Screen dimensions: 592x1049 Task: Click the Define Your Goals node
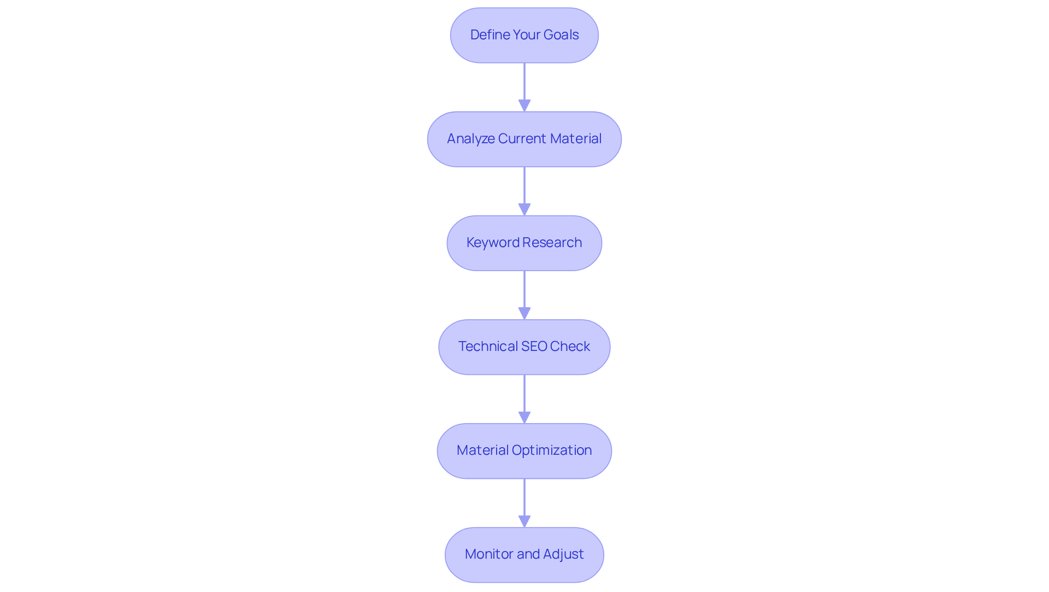tap(524, 35)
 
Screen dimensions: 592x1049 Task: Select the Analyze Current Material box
tap(524, 139)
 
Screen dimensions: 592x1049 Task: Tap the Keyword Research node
tap(524, 243)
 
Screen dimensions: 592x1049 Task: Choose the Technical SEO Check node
tap(524, 347)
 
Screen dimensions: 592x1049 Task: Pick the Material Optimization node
tap(524, 450)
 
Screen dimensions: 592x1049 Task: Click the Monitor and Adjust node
tap(524, 554)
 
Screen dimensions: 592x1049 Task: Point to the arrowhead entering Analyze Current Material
tap(524, 105)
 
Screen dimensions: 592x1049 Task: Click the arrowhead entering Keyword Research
tap(524, 209)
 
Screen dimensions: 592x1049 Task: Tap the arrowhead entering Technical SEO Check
tap(524, 313)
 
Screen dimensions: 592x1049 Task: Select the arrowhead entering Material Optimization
tap(524, 417)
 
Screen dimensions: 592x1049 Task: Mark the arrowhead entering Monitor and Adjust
tap(524, 521)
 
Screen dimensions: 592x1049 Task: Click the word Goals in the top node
tap(561, 35)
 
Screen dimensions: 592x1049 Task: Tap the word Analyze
tap(471, 139)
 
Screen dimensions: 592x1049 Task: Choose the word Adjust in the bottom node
tap(563, 554)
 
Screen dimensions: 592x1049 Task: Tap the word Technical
tap(488, 347)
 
